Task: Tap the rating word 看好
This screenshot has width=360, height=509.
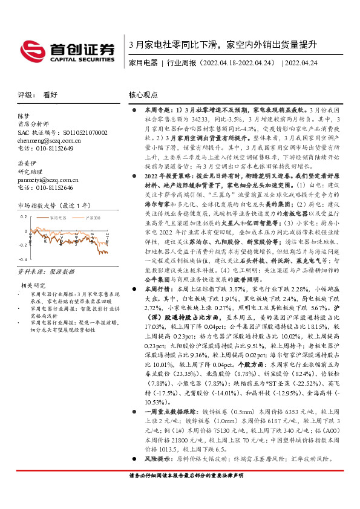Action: pyautogui.click(x=51, y=95)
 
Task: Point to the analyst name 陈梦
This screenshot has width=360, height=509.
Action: pyautogui.click(x=23, y=115)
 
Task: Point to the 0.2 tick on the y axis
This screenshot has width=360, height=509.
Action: pyautogui.click(x=24, y=233)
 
